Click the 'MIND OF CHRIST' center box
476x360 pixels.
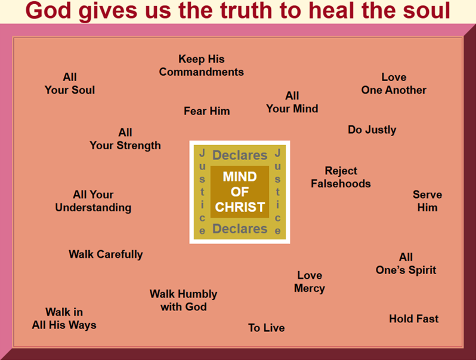[240, 192]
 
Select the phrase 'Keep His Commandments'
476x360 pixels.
[202, 66]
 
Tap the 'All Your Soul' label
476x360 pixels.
[70, 84]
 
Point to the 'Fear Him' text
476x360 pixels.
[206, 111]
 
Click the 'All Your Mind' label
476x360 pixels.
[292, 102]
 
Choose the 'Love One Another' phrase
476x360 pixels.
[394, 84]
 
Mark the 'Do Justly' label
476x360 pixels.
[372, 130]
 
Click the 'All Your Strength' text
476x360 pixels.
[125, 139]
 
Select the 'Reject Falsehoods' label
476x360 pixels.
[341, 177]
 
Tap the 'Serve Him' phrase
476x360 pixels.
[428, 201]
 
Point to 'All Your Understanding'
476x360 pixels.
[93, 201]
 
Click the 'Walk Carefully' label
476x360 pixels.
[106, 254]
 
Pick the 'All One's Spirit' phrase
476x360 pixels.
[406, 263]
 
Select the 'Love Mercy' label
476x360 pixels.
[310, 282]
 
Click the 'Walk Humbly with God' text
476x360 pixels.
[183, 300]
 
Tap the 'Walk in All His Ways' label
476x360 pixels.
[64, 319]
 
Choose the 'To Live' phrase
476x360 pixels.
[267, 328]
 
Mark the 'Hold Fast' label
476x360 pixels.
[413, 319]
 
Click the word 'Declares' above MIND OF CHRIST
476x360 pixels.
[240, 155]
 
